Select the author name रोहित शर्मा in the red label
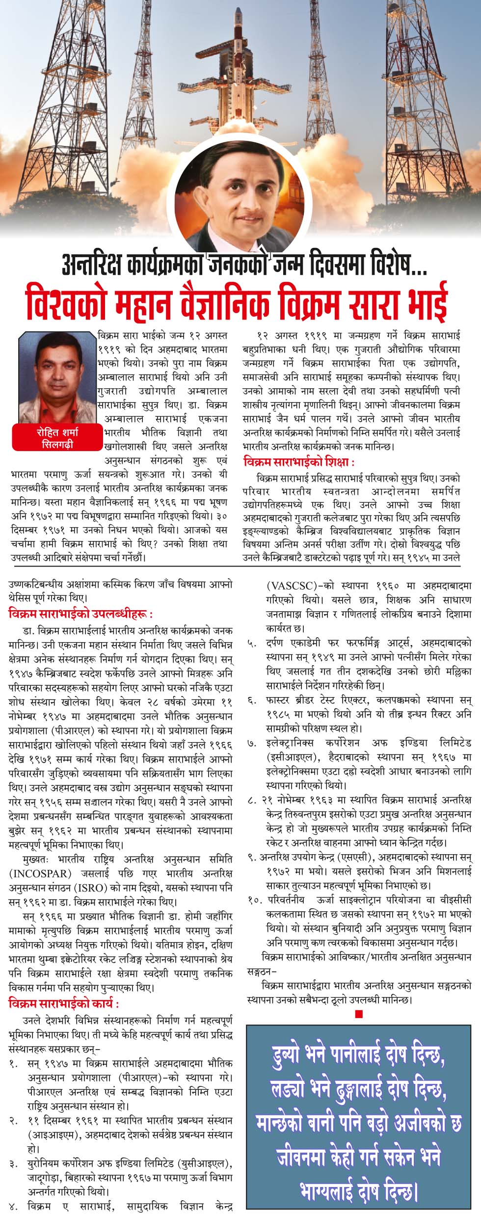(x=57, y=432)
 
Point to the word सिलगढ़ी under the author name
(x=57, y=445)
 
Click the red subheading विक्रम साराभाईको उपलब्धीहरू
(x=80, y=614)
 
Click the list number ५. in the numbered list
(x=252, y=643)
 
